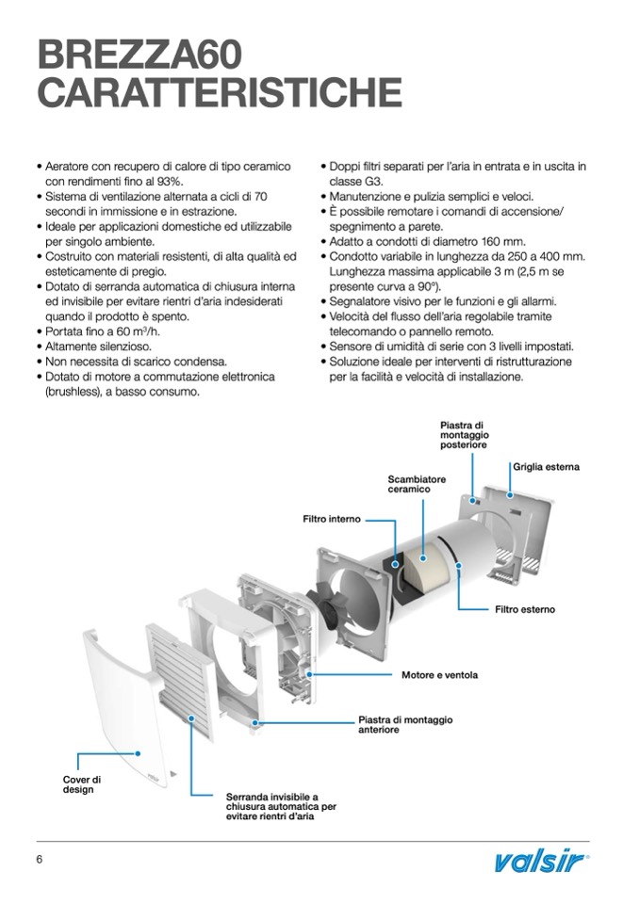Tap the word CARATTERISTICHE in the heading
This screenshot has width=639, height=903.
tap(219, 93)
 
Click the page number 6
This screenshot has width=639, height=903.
tap(40, 860)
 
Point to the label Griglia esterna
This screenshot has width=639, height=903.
tap(546, 467)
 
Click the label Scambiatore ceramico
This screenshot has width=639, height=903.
tap(416, 484)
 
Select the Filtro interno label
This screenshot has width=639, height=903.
tap(331, 519)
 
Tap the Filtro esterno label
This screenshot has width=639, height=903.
tap(525, 609)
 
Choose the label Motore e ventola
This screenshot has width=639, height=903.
tap(439, 675)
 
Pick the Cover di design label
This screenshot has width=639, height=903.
tap(82, 784)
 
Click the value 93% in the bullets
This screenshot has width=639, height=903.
tap(169, 181)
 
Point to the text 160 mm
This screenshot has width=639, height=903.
tap(509, 241)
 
